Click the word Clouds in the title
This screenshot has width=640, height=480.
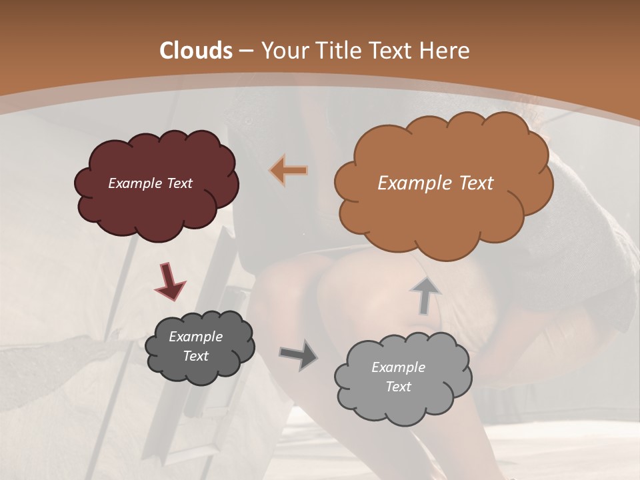tap(196, 51)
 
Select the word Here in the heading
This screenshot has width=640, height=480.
tap(445, 51)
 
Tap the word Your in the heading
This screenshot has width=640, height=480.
tap(285, 51)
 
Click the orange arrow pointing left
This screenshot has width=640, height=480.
tap(289, 171)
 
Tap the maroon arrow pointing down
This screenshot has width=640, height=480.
tap(169, 281)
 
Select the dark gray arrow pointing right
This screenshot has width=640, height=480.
tap(298, 354)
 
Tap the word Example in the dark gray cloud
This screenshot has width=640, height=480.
tap(195, 337)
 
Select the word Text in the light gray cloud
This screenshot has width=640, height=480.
tap(398, 387)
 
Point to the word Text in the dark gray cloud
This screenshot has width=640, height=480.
tap(195, 356)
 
